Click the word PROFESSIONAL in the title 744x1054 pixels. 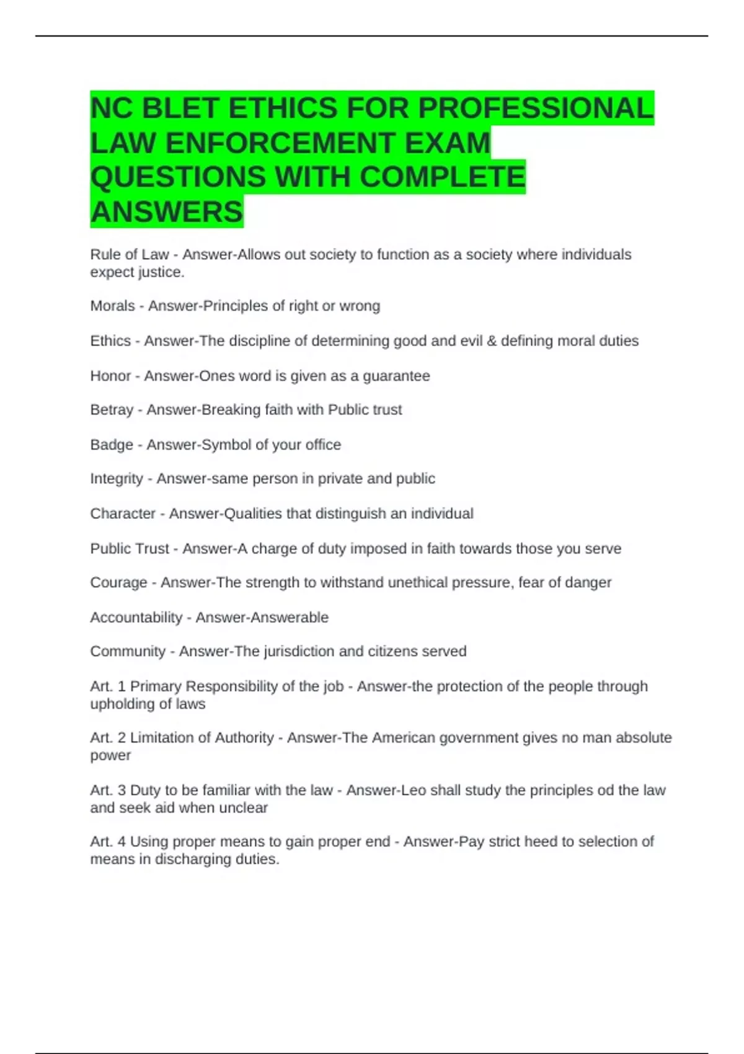click(536, 108)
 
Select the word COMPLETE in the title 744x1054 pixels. click(442, 177)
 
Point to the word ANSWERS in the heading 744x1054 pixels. click(167, 212)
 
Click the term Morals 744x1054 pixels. click(112, 306)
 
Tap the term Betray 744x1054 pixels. click(112, 410)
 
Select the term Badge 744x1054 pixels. click(112, 445)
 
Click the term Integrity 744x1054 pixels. click(117, 479)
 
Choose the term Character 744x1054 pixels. click(123, 513)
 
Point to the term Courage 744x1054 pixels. click(118, 583)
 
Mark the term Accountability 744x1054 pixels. click(136, 618)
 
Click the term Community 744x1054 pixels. click(128, 652)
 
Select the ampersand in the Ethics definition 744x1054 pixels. click(492, 341)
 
